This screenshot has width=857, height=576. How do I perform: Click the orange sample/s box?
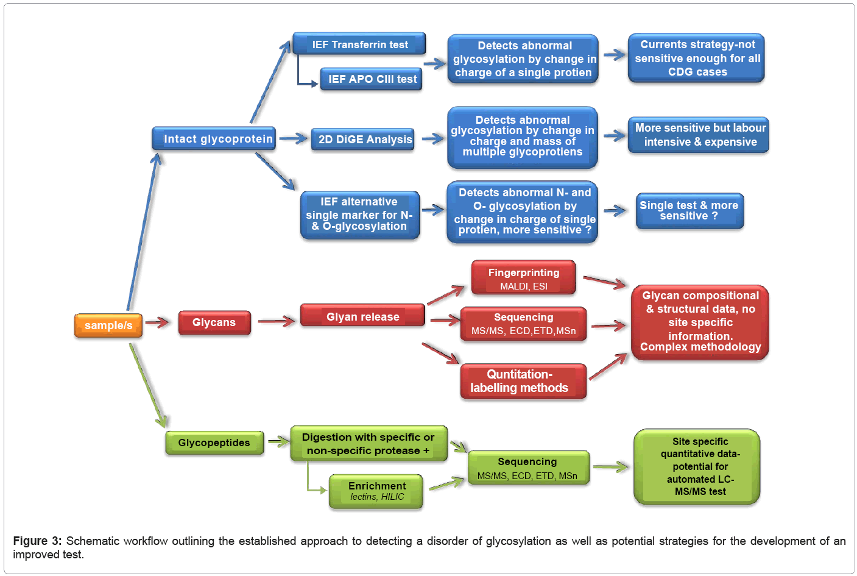coord(108,325)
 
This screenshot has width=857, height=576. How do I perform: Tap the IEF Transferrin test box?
coord(359,44)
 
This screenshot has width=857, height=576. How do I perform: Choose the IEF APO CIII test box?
coord(372,79)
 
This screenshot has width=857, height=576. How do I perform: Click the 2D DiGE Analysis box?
coord(364,140)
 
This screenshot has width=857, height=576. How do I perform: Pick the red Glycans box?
coord(214,322)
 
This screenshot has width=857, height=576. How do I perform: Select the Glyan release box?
coord(362,316)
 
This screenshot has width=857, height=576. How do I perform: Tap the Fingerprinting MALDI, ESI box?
coord(523,279)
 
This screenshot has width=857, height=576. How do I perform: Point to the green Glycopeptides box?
coord(214,443)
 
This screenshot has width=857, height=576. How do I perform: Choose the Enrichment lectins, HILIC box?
coord(376,491)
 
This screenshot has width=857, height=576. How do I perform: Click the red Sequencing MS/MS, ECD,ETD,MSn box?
coord(523,324)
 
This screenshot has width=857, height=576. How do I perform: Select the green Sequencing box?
coord(528,468)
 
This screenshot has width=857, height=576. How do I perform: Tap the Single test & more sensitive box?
coord(689,211)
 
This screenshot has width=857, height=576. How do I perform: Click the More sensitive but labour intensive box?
coord(699,135)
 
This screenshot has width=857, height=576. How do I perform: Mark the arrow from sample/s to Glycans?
coord(158,322)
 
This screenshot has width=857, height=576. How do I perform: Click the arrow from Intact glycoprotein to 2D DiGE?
coord(293,139)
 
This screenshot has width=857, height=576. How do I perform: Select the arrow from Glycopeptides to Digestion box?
coord(278,441)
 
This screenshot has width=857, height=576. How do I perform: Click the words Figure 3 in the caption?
coord(37,541)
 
